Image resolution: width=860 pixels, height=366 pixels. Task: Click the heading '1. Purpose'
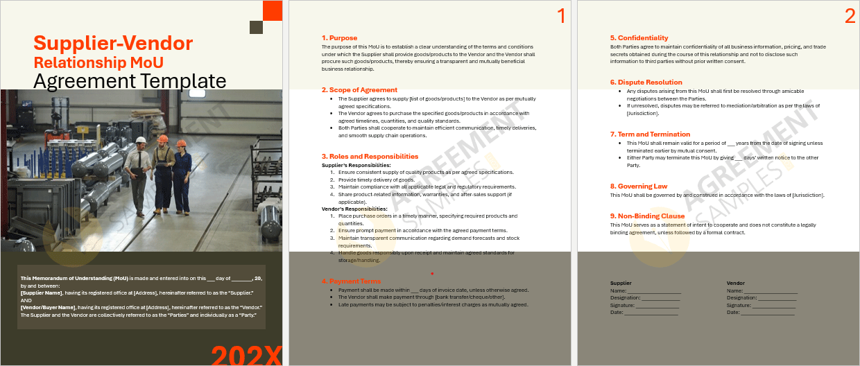pyautogui.click(x=340, y=38)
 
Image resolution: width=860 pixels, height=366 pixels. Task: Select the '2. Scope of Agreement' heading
pyautogui.click(x=359, y=90)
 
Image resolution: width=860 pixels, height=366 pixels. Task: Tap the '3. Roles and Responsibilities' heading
pyautogui.click(x=370, y=157)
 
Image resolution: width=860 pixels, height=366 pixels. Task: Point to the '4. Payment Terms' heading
pyautogui.click(x=351, y=281)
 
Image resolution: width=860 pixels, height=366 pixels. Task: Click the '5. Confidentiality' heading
pyautogui.click(x=639, y=38)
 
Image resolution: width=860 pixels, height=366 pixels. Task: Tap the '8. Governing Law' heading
pyautogui.click(x=639, y=186)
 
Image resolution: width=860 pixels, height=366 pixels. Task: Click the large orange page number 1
pyautogui.click(x=561, y=17)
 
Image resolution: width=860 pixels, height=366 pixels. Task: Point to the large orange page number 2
pyautogui.click(x=850, y=17)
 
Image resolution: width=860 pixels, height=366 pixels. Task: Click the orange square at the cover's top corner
pyautogui.click(x=273, y=10)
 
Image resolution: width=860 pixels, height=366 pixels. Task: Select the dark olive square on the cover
pyautogui.click(x=256, y=27)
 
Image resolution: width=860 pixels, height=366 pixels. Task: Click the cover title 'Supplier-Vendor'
pyautogui.click(x=113, y=44)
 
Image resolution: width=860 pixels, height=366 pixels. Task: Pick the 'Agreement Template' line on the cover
pyautogui.click(x=130, y=81)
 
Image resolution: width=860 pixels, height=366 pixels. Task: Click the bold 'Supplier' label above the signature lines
pyautogui.click(x=621, y=284)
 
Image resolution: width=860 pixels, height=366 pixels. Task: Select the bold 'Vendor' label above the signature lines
pyautogui.click(x=735, y=284)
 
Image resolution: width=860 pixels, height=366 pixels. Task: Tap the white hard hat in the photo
pyautogui.click(x=141, y=139)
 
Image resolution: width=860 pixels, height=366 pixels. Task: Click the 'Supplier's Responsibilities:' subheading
pyautogui.click(x=356, y=165)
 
